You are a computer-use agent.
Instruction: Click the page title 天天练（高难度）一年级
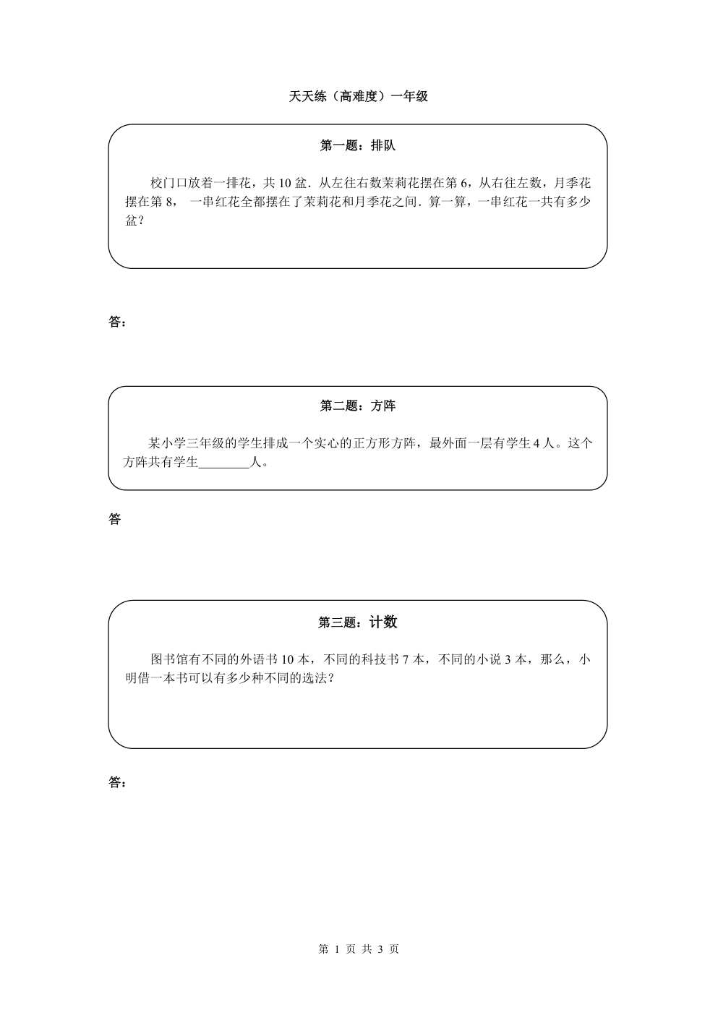(358, 97)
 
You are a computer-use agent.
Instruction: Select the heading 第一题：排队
(358, 145)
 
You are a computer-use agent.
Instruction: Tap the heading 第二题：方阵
(358, 406)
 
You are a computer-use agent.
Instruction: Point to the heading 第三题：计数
(358, 622)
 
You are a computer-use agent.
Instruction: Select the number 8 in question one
(169, 202)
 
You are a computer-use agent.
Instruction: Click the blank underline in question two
(224, 467)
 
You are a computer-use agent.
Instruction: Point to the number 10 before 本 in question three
(288, 660)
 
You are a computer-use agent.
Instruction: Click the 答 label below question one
(114, 322)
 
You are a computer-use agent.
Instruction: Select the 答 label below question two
(114, 519)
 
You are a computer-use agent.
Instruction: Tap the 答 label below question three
(114, 782)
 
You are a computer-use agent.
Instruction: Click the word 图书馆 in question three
(168, 660)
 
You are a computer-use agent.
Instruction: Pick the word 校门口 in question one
(168, 183)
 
